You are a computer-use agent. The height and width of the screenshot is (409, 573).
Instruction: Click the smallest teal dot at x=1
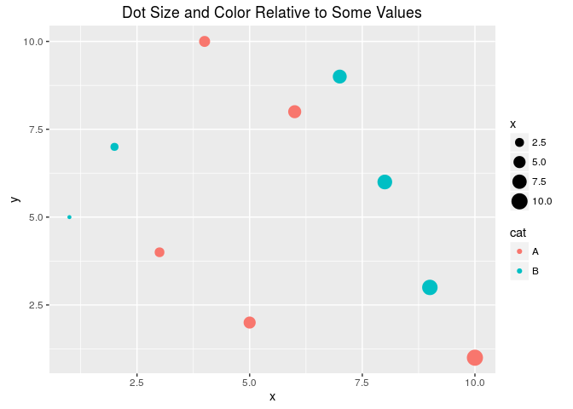[x=69, y=217]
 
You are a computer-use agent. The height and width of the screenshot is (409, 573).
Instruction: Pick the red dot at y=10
[x=205, y=42]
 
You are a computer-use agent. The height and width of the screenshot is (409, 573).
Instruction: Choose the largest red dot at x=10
[x=475, y=358]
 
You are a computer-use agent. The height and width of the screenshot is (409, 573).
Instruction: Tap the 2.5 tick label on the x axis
[x=136, y=383]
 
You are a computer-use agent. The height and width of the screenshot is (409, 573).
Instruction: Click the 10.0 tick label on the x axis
[x=475, y=383]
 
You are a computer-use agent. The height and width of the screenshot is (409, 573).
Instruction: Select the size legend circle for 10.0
[x=519, y=201]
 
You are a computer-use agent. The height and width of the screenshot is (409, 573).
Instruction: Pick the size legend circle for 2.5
[x=519, y=142]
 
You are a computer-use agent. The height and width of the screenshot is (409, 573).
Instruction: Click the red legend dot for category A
[x=519, y=251]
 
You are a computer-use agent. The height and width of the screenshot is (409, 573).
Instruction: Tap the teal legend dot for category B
[x=519, y=271]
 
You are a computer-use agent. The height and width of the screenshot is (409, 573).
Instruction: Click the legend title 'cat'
[x=518, y=233]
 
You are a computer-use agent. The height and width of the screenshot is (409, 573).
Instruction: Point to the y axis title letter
[x=14, y=199]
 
